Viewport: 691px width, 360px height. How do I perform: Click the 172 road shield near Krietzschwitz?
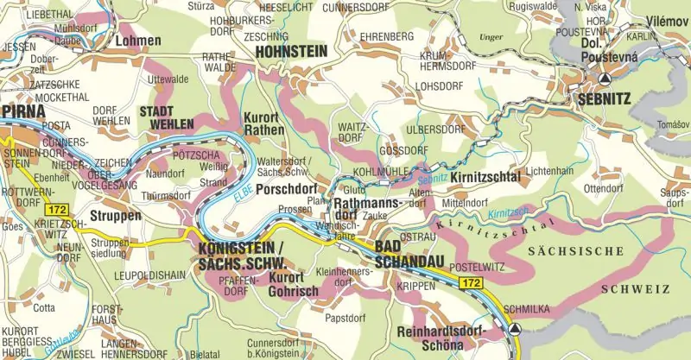coord(57,210)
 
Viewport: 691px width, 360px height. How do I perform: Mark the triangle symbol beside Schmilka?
coord(516,329)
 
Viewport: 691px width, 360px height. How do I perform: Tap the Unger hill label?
coord(490,38)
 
